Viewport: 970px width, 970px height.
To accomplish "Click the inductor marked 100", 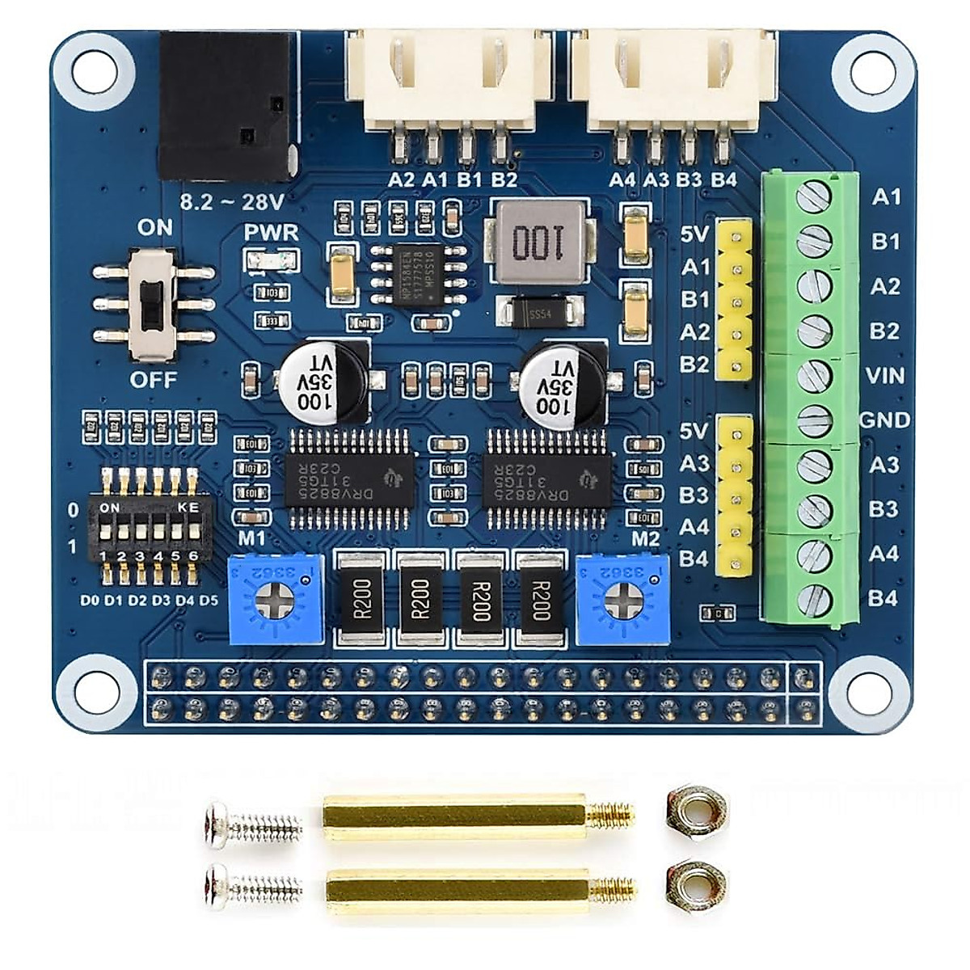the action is coord(540,242).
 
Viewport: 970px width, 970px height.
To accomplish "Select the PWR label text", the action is coord(272,233).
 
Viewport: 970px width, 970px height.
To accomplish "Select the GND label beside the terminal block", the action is coord(884,420).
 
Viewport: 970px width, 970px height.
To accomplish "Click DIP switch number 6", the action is coord(192,533).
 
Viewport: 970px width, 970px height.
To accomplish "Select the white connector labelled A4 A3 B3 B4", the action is coord(673,89).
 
